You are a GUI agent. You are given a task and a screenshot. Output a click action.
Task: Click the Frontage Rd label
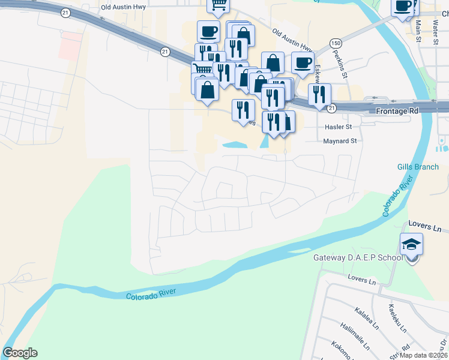[397, 112]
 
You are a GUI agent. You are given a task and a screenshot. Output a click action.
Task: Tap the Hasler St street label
[337, 127]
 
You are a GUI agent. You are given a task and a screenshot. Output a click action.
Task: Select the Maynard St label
[340, 141]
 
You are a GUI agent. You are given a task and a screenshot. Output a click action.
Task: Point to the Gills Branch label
[418, 167]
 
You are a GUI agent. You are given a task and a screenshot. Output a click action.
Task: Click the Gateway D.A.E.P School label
[358, 258]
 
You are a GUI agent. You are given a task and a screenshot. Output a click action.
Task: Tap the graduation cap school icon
[411, 244]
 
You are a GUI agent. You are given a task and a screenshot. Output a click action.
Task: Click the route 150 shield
[336, 44]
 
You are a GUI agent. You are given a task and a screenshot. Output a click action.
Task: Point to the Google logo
[20, 353]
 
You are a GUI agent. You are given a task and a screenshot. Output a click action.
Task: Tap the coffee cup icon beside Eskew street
[303, 62]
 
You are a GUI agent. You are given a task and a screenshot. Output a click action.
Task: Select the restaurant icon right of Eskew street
[319, 94]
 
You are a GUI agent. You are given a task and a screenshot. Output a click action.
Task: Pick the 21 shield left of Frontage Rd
[331, 108]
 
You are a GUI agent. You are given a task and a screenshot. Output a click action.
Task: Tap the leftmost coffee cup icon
[208, 31]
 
